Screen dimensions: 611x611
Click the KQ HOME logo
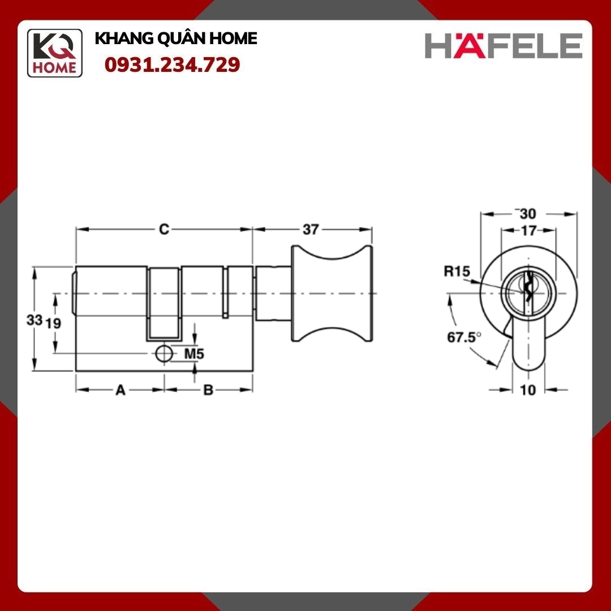pyautogui.click(x=54, y=53)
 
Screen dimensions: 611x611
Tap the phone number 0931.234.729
pyautogui.click(x=172, y=64)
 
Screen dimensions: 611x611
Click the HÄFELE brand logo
pyautogui.click(x=504, y=45)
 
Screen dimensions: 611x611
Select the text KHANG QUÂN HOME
pyautogui.click(x=176, y=38)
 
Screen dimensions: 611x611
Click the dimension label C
pyautogui.click(x=164, y=229)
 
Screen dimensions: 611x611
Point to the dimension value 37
pyautogui.click(x=311, y=230)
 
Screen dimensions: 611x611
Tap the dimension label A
pyautogui.click(x=121, y=390)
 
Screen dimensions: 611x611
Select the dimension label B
pyautogui.click(x=208, y=390)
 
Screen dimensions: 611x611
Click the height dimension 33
pyautogui.click(x=35, y=320)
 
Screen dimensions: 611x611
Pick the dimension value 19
pyautogui.click(x=53, y=323)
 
